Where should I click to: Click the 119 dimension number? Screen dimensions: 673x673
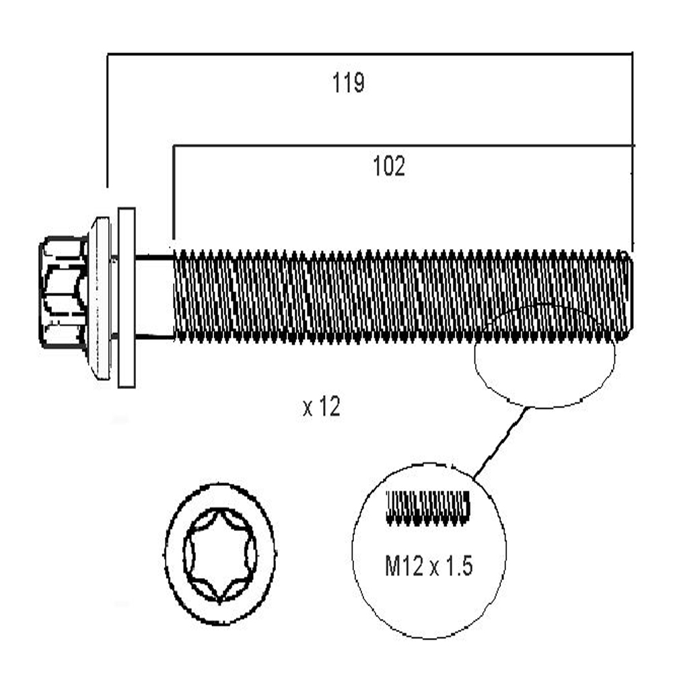(348, 83)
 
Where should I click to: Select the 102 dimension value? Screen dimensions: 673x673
(389, 166)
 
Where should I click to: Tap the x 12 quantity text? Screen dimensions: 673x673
(322, 407)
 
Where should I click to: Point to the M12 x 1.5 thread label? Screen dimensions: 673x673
(428, 566)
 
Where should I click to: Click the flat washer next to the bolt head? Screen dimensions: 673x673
(127, 298)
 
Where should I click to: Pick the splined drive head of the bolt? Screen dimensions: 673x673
(63, 292)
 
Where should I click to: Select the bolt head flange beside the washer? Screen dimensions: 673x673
(100, 298)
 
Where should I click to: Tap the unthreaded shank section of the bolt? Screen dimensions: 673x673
(155, 298)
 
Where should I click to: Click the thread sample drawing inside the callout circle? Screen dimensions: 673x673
(428, 507)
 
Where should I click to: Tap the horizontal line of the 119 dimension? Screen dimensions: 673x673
(369, 54)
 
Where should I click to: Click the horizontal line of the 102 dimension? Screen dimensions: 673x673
(403, 146)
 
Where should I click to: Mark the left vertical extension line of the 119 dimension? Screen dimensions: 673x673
(107, 121)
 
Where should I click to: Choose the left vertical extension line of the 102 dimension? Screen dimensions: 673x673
(174, 192)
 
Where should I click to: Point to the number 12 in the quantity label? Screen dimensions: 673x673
(330, 407)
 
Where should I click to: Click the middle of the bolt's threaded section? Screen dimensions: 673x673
(403, 297)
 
